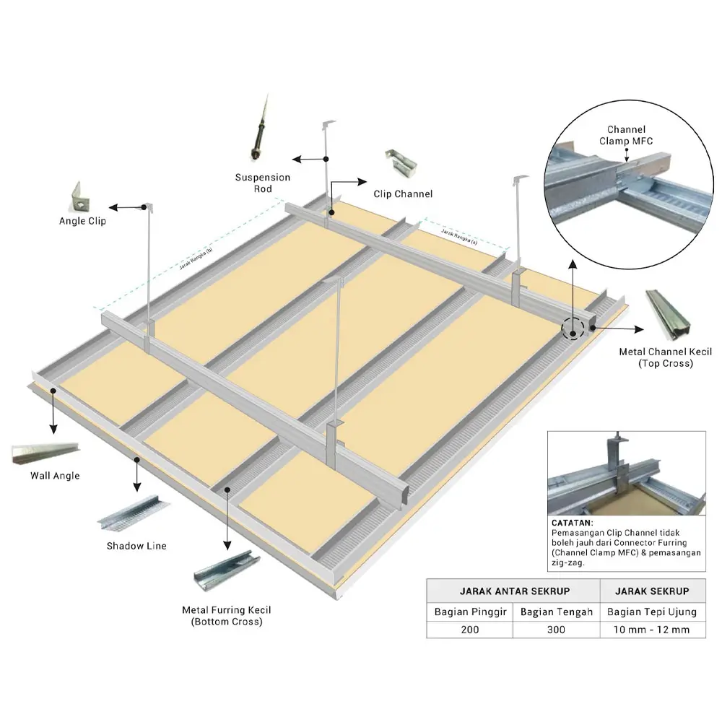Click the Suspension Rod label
[263, 183]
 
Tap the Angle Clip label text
[82, 221]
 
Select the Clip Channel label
[403, 193]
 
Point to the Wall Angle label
[55, 476]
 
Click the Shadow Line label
[136, 546]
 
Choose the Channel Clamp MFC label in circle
[626, 136]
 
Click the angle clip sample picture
[79, 196]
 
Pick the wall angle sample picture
[45, 453]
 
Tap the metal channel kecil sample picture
[664, 315]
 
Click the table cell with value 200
[469, 630]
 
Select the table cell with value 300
[555, 630]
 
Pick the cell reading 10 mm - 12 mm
[652, 630]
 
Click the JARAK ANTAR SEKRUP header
[512, 591]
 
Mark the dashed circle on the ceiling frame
[573, 330]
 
